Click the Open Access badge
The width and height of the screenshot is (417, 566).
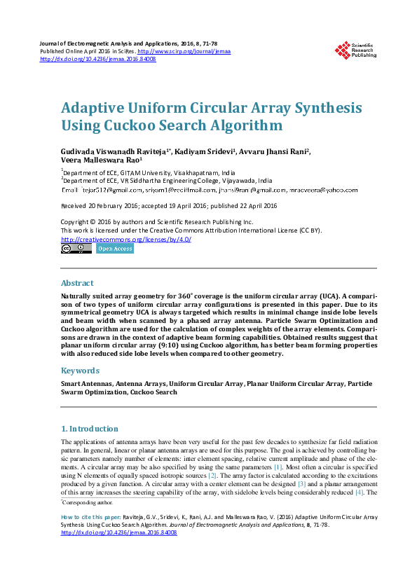click(114, 249)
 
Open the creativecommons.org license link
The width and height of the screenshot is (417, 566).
click(126, 239)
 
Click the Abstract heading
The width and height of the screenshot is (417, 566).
click(77, 283)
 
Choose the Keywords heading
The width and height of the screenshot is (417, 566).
click(80, 371)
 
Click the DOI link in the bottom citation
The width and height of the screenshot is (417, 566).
click(119, 532)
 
